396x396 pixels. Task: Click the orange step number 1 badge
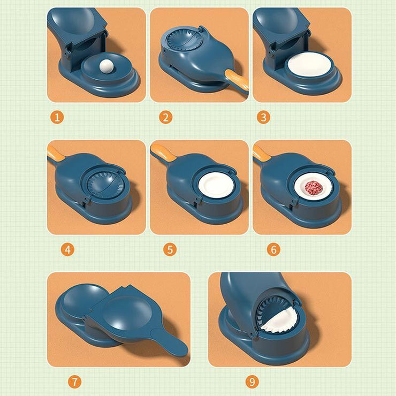pos(58,117)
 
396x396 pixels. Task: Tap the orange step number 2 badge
pos(165,117)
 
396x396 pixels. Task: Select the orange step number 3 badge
pos(263,117)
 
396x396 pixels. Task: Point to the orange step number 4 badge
pos(68,249)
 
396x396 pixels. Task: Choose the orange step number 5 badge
pos(170,249)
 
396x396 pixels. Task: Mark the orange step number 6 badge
pos(273,249)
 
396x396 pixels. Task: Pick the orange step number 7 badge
pos(75,382)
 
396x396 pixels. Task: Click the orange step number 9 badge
pos(252,382)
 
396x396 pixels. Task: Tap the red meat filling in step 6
pos(313,188)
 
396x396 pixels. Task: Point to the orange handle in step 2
pos(237,79)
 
